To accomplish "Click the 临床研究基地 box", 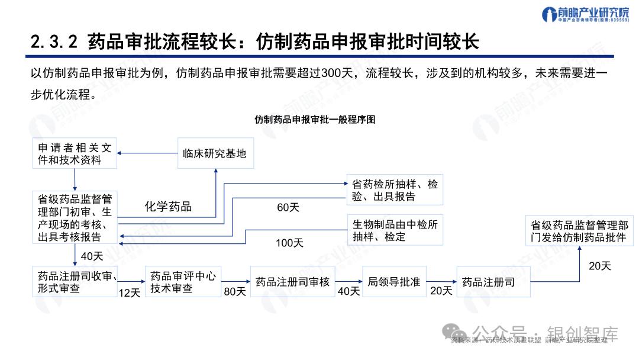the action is [215, 153].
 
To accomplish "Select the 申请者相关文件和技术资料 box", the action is [75, 153].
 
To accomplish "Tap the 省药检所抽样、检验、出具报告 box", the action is [395, 190].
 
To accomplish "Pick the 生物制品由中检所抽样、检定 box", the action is [395, 230].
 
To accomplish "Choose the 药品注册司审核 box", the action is [292, 282].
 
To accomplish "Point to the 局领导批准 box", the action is [393, 282].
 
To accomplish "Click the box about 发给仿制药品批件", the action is [579, 232].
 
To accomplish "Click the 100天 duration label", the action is [289, 243].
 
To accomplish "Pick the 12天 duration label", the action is [130, 292].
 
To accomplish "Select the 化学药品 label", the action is [169, 207].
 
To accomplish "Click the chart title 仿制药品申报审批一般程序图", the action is [315, 119].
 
